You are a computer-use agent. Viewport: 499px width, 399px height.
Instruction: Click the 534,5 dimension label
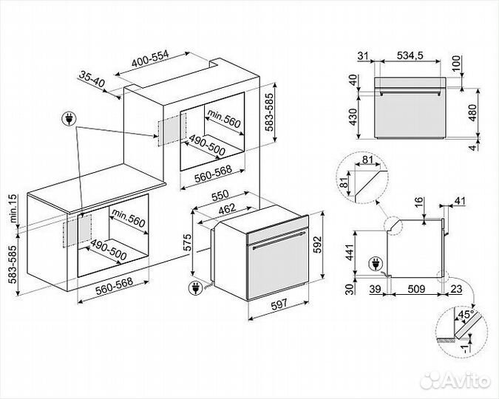410,55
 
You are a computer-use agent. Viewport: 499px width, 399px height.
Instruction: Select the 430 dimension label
353,116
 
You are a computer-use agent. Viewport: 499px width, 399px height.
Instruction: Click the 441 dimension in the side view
353,251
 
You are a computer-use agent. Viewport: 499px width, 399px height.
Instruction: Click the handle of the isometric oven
277,240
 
